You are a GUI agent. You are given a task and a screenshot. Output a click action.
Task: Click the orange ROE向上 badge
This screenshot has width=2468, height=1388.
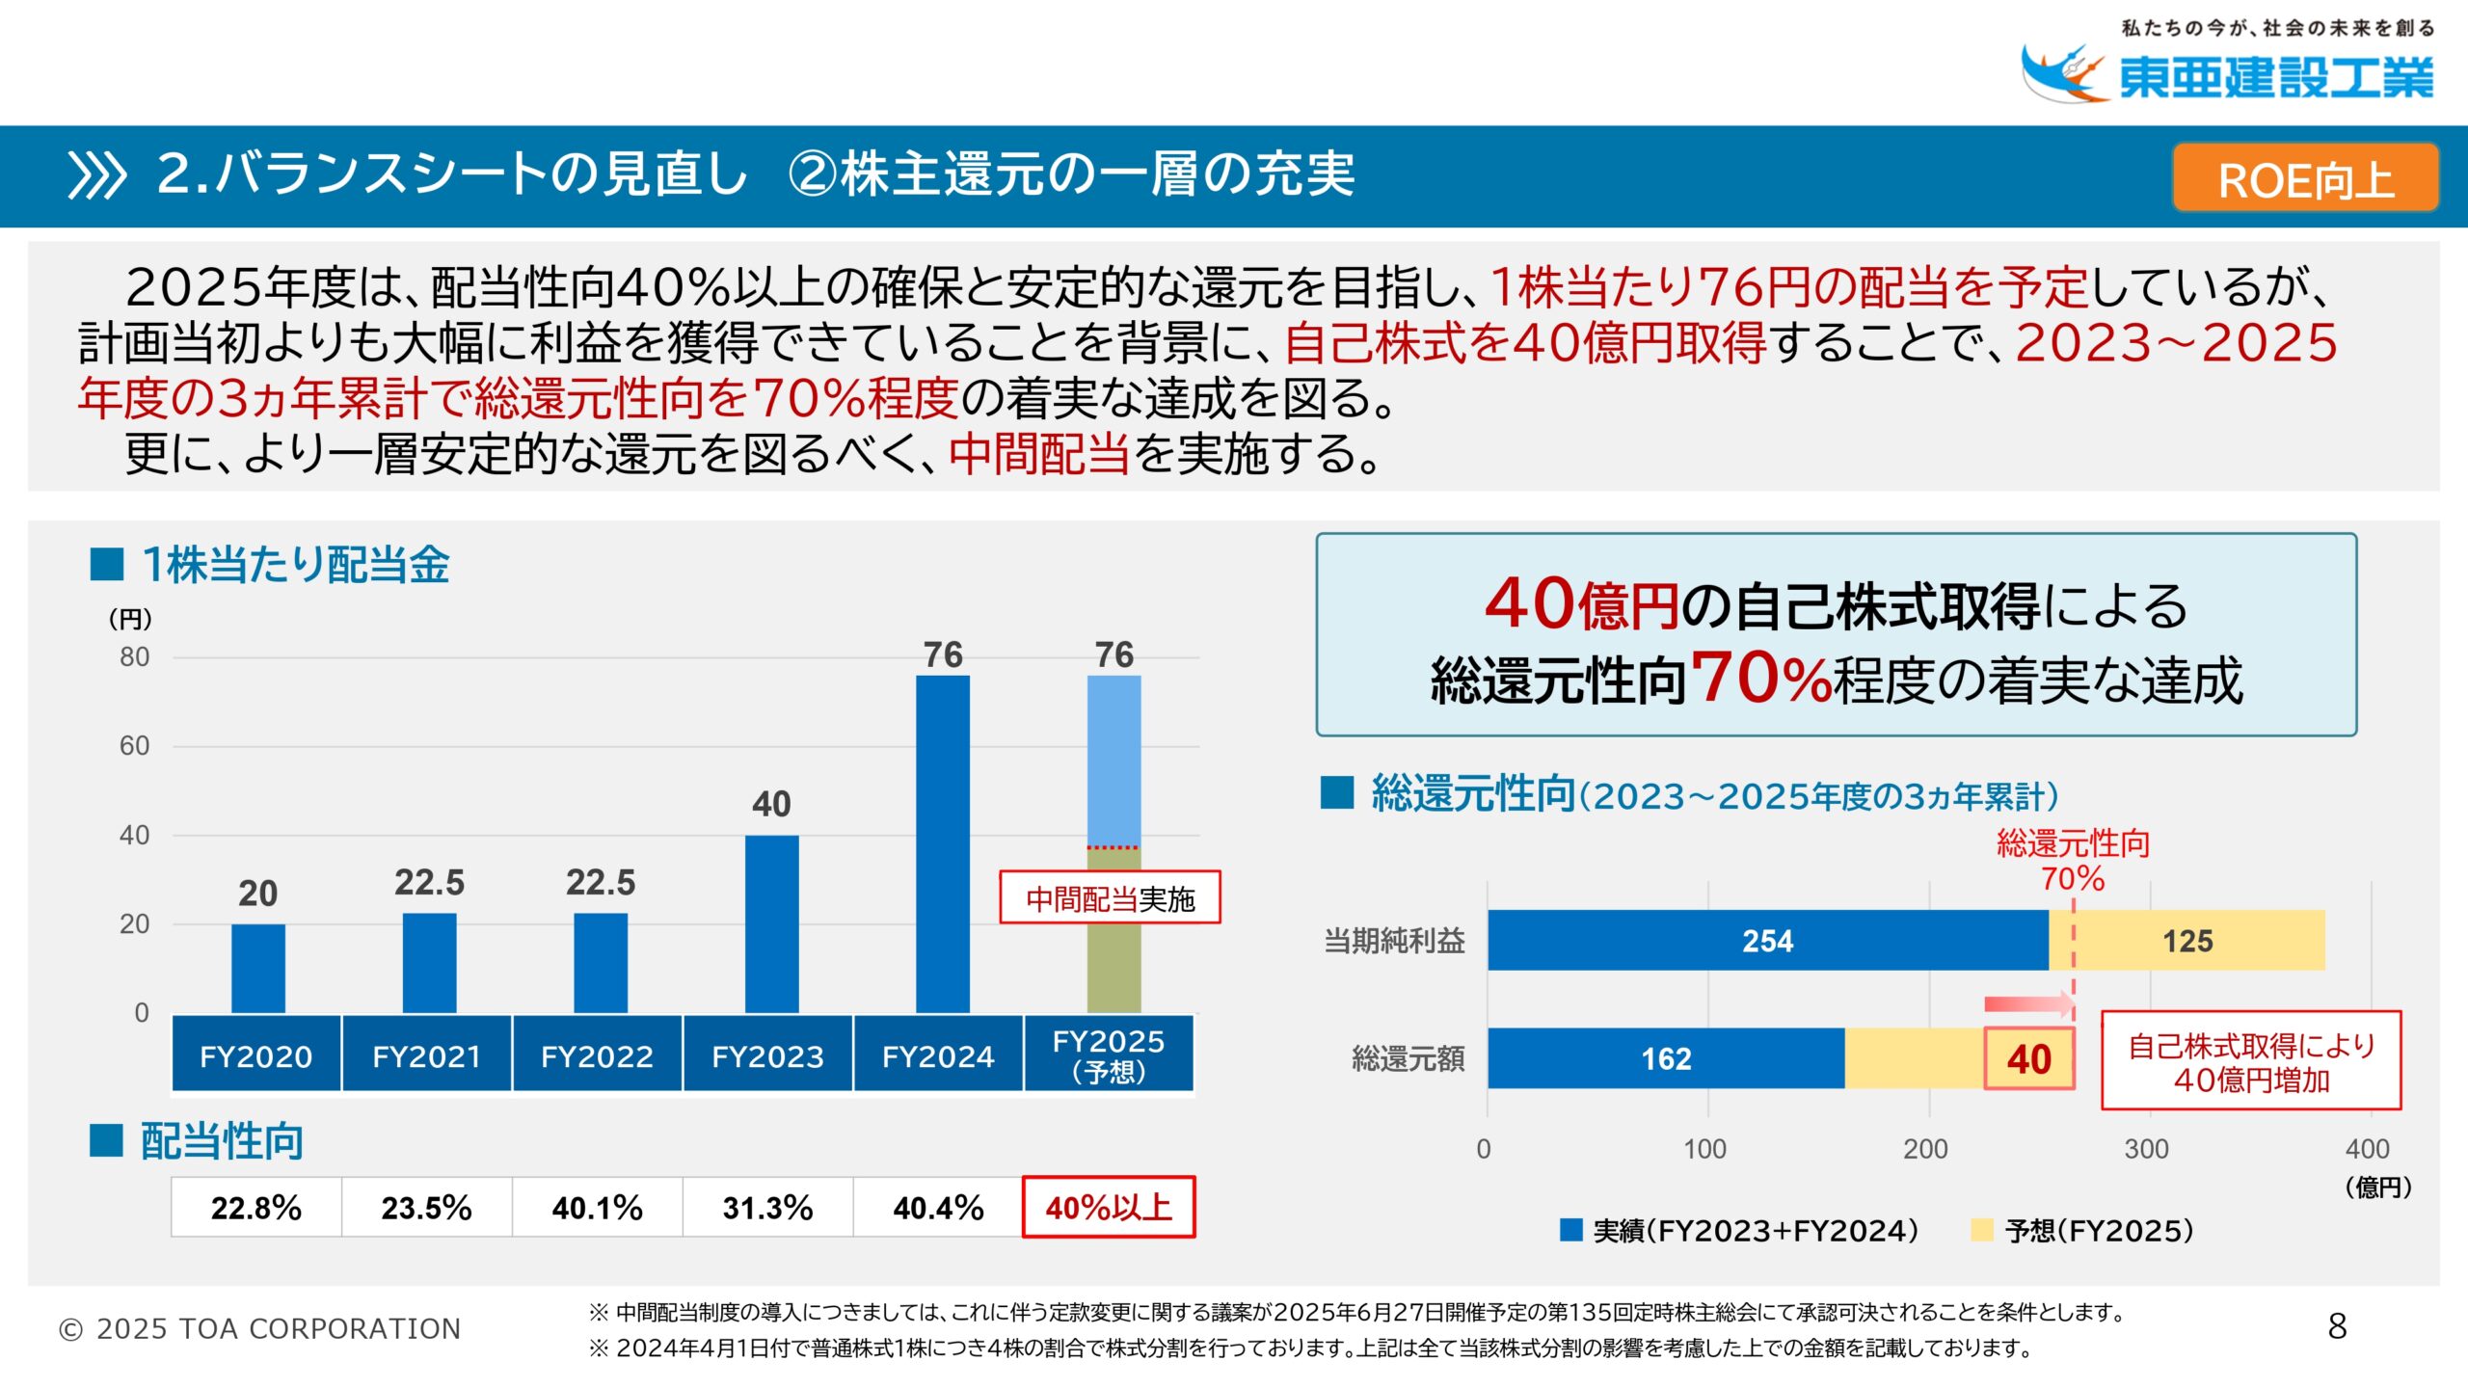(2305, 178)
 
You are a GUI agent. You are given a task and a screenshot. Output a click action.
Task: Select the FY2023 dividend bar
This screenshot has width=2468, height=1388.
(771, 923)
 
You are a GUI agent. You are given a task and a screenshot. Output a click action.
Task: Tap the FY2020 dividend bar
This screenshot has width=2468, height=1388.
(257, 968)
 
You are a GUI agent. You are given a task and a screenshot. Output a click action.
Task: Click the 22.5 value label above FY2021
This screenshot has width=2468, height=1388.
(429, 882)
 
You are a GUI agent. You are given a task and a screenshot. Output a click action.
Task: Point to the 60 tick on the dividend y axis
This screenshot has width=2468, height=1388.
(134, 745)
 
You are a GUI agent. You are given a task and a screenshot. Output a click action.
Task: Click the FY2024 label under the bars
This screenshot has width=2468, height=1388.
(938, 1056)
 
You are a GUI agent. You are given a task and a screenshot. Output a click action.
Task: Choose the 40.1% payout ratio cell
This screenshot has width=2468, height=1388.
(597, 1207)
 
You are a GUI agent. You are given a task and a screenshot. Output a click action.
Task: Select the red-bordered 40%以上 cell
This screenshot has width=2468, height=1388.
(1109, 1207)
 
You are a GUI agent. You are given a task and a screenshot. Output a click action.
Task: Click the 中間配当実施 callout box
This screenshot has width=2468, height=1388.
(1110, 898)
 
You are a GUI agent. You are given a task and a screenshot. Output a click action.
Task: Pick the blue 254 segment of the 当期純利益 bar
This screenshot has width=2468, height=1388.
(1767, 941)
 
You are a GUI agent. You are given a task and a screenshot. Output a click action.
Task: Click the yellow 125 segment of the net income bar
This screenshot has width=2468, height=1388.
(2187, 941)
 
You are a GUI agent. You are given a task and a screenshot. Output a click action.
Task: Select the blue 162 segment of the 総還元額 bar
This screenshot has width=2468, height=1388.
(1666, 1058)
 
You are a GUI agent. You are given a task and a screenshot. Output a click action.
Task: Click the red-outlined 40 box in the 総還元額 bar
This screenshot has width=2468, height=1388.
(2028, 1058)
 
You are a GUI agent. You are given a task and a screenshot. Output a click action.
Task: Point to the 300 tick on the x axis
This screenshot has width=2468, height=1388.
(2146, 1149)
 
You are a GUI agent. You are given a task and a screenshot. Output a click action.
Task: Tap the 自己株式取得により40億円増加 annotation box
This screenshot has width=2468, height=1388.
(2250, 1061)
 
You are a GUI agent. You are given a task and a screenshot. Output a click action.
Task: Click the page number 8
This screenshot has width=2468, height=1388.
(2337, 1326)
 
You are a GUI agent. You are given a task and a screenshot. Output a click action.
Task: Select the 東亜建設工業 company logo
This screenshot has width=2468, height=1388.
(2227, 73)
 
